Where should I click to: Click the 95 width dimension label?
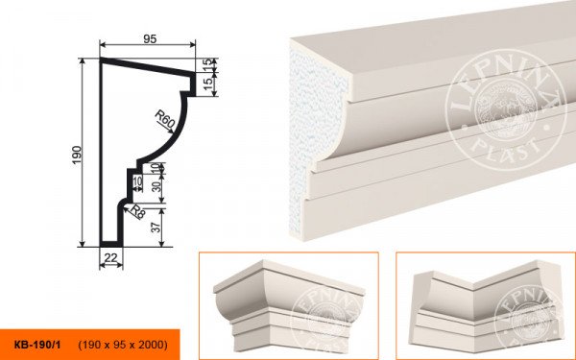point(150,39)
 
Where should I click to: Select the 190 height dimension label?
point(77,155)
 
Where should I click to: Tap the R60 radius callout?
point(164,120)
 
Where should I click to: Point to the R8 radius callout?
point(137,212)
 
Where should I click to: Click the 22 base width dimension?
point(110,258)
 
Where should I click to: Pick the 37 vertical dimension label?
point(156,228)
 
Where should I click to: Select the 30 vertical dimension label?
point(156,186)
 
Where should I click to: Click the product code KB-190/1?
point(37,345)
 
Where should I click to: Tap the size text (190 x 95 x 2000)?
point(123,345)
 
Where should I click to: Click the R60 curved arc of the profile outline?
point(171,135)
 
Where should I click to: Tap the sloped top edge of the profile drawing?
point(147,66)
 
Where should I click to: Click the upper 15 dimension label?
point(208,64)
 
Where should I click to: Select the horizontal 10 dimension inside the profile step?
point(137,181)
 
